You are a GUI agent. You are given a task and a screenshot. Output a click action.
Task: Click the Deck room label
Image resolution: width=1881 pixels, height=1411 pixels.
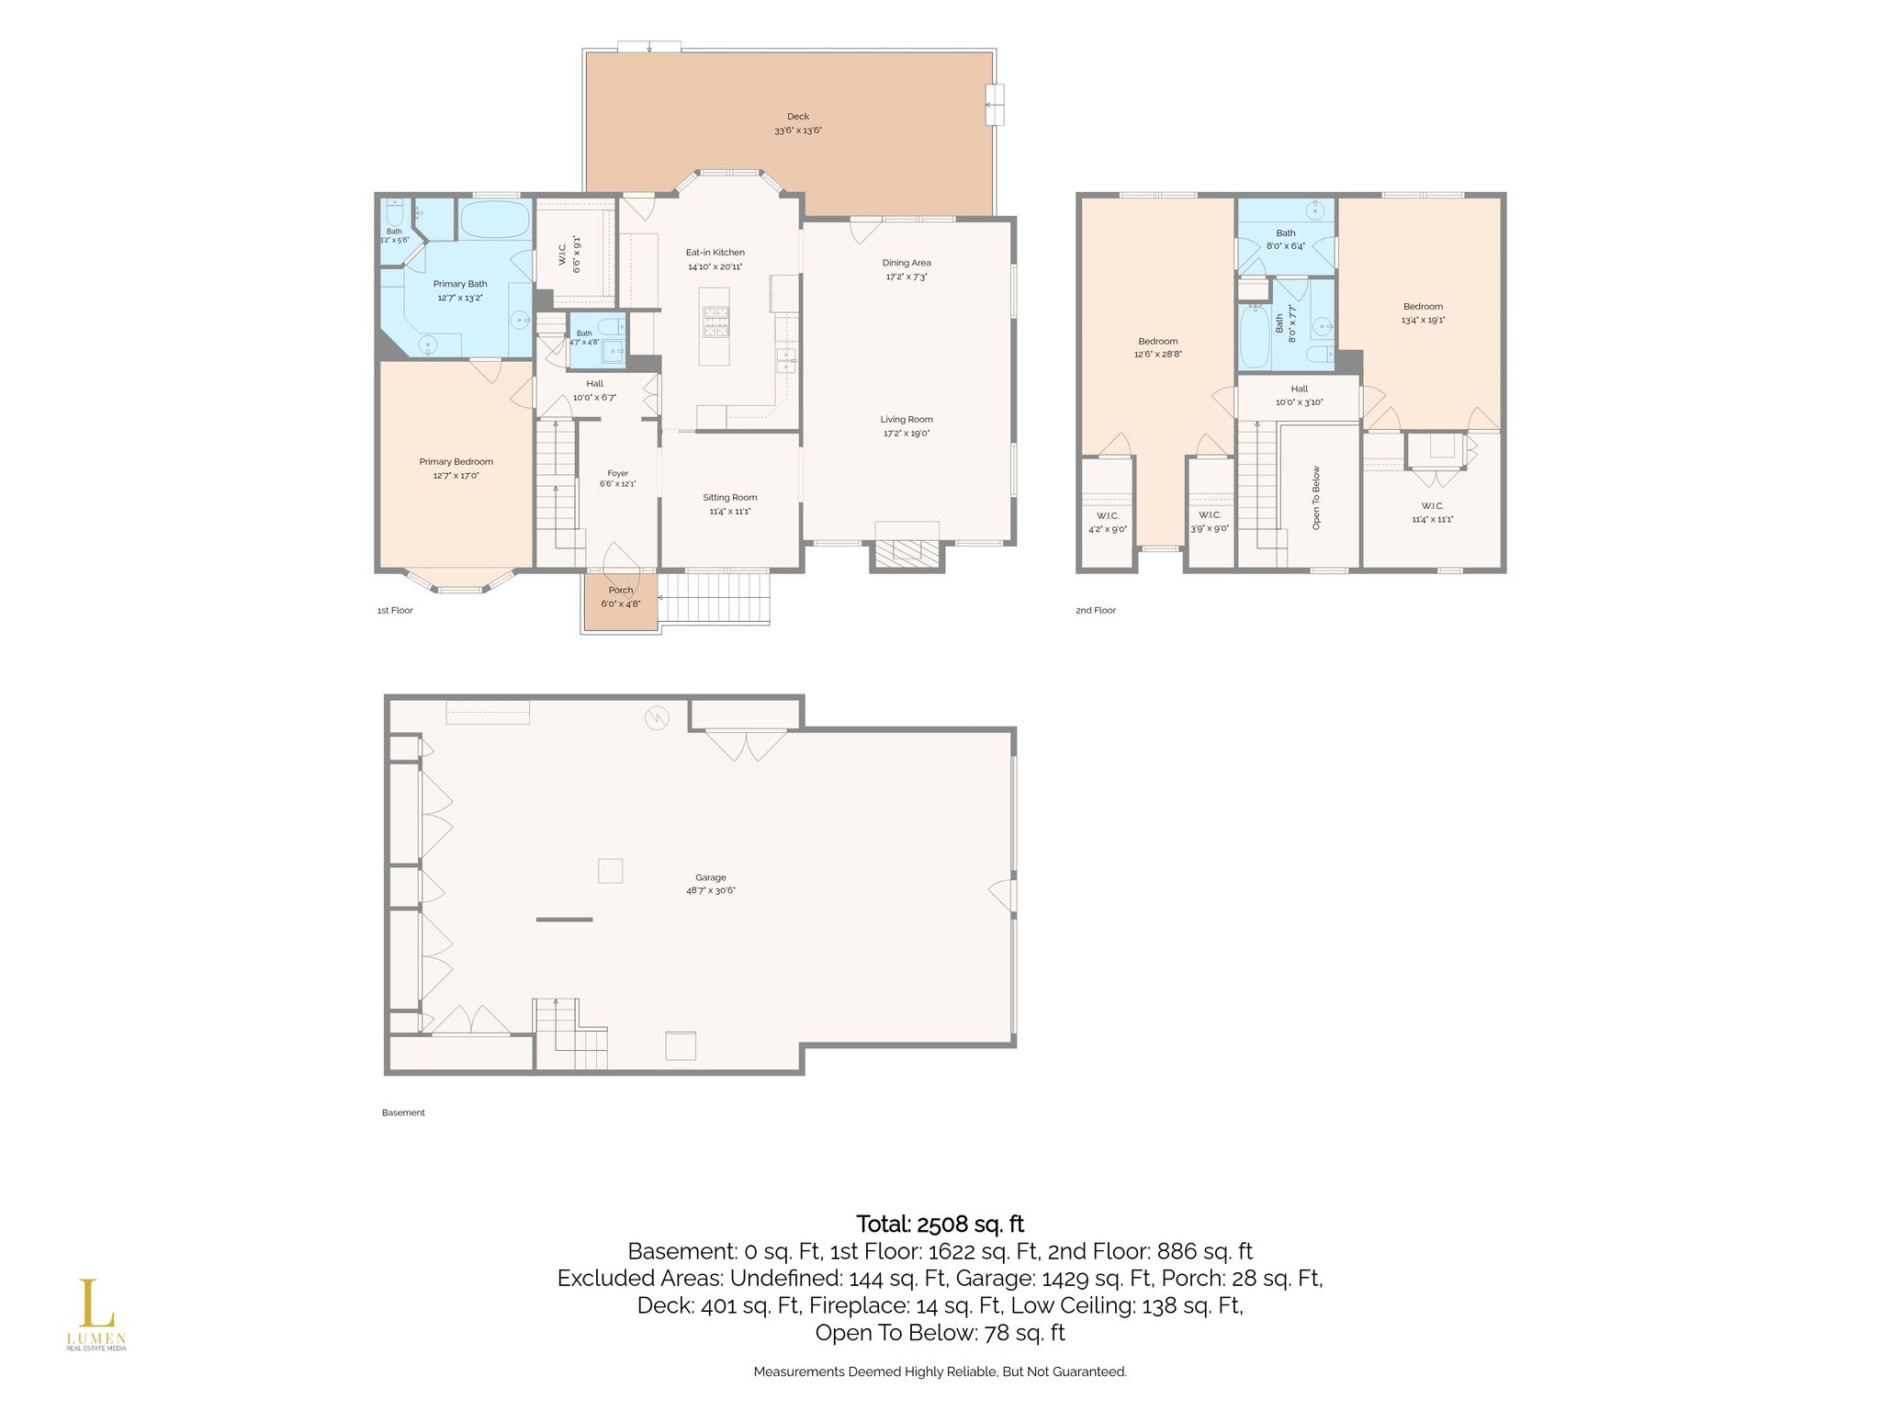coord(798,117)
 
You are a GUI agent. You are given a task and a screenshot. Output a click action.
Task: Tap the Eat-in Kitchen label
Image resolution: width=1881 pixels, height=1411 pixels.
coord(715,253)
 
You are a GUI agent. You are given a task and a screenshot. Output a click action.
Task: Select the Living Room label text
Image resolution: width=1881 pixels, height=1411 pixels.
coord(907,420)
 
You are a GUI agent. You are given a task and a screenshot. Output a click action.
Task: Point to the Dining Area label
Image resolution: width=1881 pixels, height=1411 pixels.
coord(907,263)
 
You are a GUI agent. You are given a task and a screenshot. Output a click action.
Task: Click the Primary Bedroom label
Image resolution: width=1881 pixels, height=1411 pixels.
coord(456,462)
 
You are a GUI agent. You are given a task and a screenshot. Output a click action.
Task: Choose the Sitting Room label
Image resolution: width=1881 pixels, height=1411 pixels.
coord(730,498)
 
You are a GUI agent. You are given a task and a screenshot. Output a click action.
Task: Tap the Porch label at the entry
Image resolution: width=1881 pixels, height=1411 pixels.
coord(621,591)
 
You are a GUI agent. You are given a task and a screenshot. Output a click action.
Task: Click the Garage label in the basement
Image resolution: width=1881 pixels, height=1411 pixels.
coord(711,878)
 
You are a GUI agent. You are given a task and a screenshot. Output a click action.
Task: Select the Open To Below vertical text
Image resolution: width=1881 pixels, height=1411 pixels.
coord(1316,498)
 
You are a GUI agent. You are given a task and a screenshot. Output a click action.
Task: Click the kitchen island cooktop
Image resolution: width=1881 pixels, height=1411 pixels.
coord(715,323)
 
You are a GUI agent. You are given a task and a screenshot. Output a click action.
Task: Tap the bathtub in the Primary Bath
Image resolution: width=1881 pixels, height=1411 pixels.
coord(494,220)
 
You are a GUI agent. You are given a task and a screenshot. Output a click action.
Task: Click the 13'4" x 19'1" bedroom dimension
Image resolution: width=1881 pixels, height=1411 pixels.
coord(1423,321)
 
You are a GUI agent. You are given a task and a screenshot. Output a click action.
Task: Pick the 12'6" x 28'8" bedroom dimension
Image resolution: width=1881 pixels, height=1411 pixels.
coord(1158,354)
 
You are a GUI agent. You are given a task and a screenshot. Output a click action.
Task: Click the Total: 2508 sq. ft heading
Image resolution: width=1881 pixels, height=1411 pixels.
coord(940,1225)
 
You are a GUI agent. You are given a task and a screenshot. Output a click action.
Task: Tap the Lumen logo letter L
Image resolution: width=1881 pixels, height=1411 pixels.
coord(90,1304)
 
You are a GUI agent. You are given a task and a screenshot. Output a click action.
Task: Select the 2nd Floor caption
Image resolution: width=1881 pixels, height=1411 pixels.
coord(1096,610)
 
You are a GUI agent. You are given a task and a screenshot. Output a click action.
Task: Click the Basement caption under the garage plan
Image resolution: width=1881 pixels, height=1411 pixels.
coord(403,1112)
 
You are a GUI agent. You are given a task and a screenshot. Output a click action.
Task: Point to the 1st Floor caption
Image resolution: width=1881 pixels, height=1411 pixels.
coord(395,610)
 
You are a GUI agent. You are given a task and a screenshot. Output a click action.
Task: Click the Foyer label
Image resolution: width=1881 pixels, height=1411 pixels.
coord(618,474)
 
